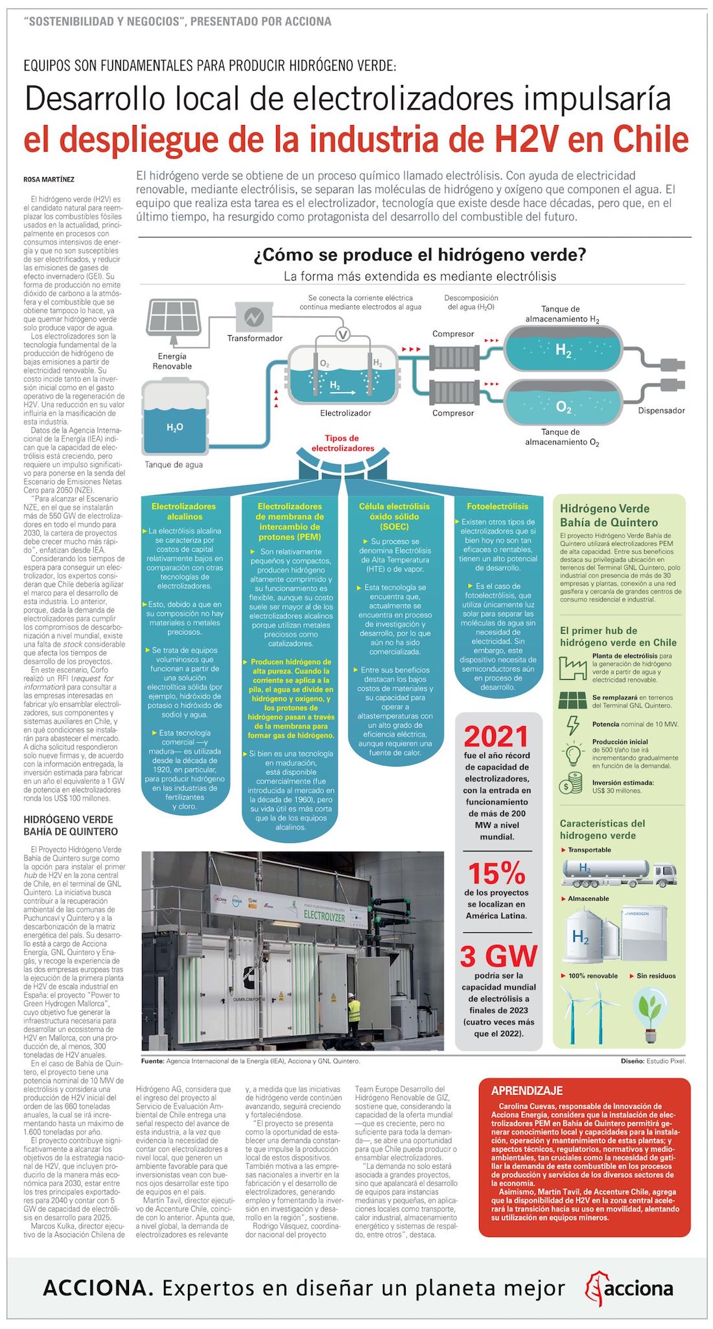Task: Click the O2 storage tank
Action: (563, 406)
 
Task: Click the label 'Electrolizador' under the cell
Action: (345, 413)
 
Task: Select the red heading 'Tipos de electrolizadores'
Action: (342, 443)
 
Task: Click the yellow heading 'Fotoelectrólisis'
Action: (497, 506)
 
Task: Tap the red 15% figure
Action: (497, 873)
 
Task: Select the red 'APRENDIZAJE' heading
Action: (527, 1091)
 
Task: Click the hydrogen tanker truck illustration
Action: (619, 873)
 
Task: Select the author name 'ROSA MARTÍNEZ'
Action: (49, 179)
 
